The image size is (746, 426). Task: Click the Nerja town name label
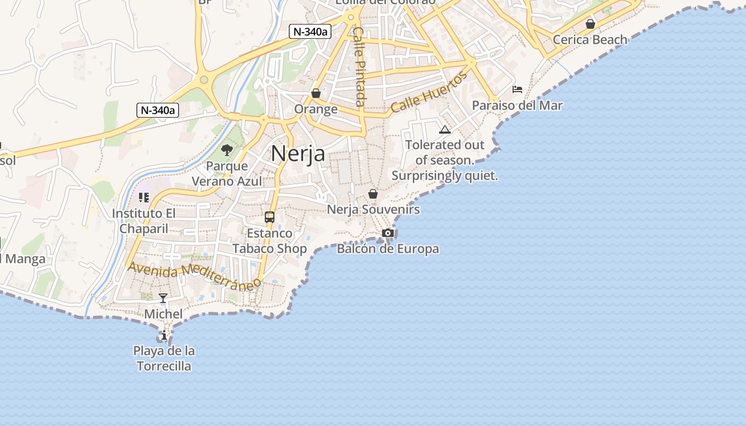coord(298,153)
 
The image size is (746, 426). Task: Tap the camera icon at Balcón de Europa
coord(388,233)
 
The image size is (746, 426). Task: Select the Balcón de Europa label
coord(388,249)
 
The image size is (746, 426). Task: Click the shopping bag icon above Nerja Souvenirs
coord(373,193)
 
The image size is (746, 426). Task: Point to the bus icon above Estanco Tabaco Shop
coord(270,217)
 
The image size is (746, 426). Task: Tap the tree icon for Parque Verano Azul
coord(227,150)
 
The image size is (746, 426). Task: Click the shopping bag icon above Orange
coord(316,93)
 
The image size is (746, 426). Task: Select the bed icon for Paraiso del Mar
coord(517,89)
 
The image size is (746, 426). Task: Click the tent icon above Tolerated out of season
coord(445,129)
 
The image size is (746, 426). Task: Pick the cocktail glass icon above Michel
coord(163,298)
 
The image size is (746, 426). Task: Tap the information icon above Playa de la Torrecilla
coord(164,335)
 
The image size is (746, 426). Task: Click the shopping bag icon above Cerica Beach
coord(590,23)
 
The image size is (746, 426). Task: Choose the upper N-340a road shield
coord(310,31)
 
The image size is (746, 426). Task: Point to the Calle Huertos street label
coord(429,92)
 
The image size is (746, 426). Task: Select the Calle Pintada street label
coord(360,67)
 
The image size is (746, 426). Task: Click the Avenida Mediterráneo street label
coord(195,274)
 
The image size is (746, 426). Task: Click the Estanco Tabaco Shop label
coord(270,241)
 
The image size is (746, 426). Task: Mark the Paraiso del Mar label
coord(517,105)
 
